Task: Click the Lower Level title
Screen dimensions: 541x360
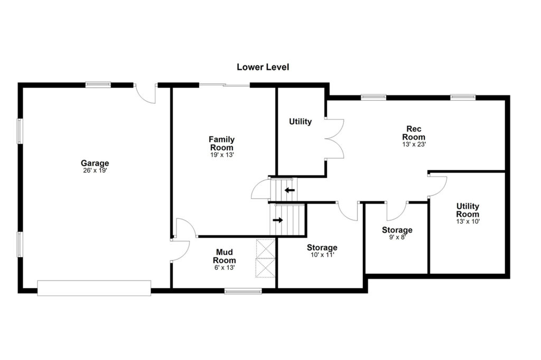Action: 263,67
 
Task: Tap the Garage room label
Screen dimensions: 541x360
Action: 95,163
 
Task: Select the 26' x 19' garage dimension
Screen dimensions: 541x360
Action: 95,171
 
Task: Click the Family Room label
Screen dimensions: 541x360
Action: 222,143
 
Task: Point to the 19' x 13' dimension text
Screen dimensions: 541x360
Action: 222,155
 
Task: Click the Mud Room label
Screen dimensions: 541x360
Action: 224,256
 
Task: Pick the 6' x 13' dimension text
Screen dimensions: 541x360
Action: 225,267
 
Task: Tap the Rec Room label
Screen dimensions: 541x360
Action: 414,133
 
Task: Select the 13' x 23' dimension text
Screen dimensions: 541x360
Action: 414,144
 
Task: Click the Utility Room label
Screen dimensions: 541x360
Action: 468,210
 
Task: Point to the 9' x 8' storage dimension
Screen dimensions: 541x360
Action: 397,237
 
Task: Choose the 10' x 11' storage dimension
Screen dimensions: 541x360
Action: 322,255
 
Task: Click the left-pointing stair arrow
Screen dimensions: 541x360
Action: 290,190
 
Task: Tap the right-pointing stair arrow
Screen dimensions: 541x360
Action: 278,220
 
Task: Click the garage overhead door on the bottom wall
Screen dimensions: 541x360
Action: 94,288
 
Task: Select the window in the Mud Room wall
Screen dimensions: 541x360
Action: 243,291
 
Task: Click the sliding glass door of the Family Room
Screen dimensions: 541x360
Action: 224,85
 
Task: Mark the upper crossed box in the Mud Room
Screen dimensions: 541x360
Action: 265,248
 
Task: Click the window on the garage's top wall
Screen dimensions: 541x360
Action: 98,85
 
